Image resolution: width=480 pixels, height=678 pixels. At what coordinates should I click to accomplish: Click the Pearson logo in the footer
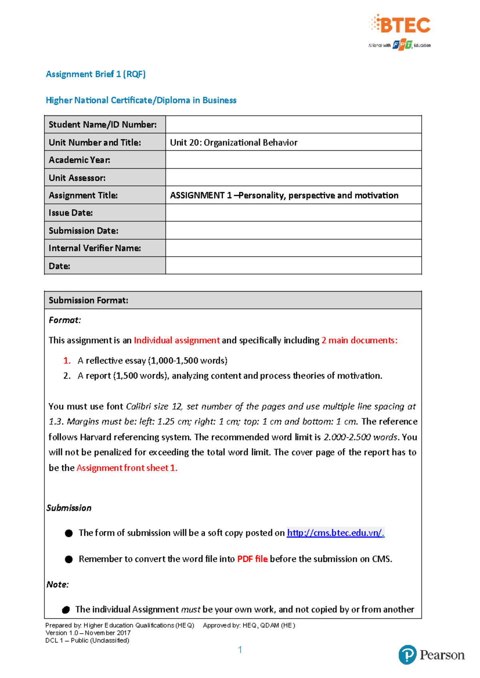(431, 655)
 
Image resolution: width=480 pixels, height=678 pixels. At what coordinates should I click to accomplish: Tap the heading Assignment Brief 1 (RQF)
(96, 74)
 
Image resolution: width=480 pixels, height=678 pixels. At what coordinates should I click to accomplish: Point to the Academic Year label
(80, 160)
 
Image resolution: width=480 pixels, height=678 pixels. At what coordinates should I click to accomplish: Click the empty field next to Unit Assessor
(293, 177)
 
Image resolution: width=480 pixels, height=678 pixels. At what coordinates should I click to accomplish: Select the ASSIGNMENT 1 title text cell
(284, 195)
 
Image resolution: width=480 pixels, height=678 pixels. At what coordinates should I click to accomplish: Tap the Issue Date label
(71, 213)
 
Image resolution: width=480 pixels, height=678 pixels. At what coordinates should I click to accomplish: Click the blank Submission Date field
(293, 231)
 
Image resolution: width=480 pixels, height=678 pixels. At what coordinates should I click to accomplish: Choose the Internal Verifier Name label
(95, 248)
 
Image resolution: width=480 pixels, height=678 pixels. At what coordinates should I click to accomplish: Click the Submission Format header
(88, 300)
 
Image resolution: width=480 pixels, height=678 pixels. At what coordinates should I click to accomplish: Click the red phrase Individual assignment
(176, 340)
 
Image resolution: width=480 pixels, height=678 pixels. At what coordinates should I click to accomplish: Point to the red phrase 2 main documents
(359, 340)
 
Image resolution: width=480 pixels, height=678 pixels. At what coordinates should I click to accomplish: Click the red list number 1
(67, 361)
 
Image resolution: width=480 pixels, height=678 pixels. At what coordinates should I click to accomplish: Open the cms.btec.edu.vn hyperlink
(335, 533)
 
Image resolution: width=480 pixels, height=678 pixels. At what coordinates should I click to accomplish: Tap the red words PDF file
(252, 559)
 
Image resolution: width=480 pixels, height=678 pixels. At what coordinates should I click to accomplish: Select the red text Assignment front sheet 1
(127, 468)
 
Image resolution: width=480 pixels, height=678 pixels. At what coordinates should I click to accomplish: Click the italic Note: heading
(58, 584)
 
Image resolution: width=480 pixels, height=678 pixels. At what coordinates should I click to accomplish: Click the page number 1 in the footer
(240, 650)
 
